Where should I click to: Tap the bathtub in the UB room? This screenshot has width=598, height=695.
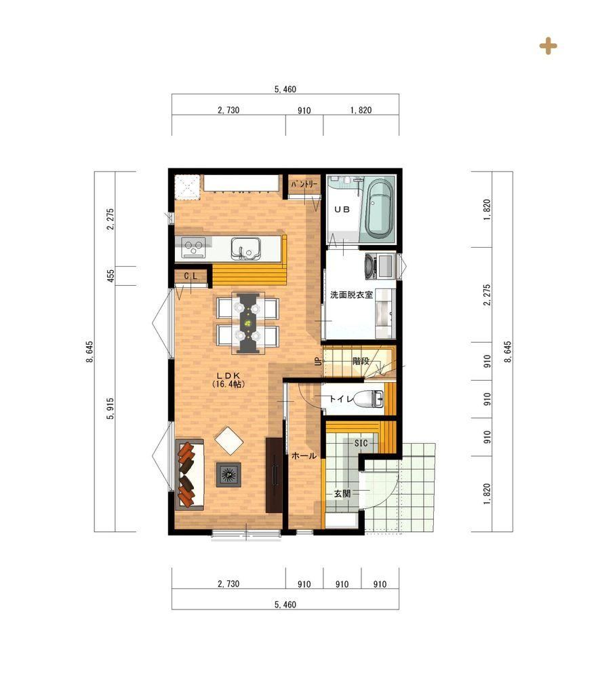(x=379, y=208)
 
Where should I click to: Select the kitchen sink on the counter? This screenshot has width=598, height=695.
(x=245, y=248)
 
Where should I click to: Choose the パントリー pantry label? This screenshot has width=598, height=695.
(x=304, y=184)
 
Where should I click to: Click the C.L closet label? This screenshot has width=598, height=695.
(x=191, y=276)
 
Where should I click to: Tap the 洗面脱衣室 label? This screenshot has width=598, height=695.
(x=351, y=295)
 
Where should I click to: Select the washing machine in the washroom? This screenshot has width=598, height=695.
(x=379, y=266)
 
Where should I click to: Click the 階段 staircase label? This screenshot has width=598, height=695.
(x=361, y=361)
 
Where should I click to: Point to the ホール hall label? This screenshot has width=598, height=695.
(x=304, y=455)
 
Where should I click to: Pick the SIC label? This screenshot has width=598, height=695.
(x=361, y=443)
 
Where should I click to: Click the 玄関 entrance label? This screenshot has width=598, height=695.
(x=342, y=493)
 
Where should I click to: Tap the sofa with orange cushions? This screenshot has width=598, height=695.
(x=190, y=474)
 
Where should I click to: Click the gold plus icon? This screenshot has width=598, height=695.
(x=548, y=46)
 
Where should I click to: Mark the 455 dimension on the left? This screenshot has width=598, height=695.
(x=111, y=276)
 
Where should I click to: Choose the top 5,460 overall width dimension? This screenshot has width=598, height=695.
(x=285, y=89)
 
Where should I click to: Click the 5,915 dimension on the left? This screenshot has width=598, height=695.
(x=111, y=408)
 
